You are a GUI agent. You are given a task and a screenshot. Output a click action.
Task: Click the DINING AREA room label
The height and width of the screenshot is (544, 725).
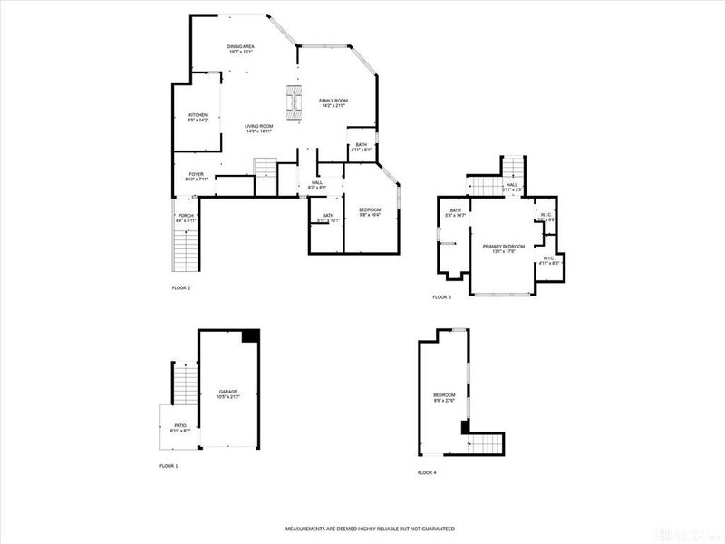[240, 48]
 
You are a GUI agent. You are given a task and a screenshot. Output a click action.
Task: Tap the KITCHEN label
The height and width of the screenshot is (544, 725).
[198, 117]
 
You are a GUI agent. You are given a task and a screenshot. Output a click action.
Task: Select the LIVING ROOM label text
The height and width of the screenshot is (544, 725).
[259, 128]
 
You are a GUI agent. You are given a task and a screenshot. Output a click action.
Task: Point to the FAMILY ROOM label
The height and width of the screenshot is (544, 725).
[333, 102]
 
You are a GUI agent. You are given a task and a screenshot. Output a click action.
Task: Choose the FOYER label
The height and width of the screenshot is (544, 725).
[196, 176]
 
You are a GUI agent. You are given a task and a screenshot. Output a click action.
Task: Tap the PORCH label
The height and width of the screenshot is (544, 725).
[186, 218]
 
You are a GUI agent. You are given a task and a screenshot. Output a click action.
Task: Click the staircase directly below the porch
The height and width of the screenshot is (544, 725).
[185, 249]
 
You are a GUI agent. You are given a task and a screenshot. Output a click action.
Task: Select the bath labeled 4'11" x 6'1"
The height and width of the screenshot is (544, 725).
[361, 147]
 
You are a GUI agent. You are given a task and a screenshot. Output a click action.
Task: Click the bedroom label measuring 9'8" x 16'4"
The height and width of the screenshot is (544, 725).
[370, 212]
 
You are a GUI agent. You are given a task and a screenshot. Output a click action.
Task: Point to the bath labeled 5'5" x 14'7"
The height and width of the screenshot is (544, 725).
[455, 213]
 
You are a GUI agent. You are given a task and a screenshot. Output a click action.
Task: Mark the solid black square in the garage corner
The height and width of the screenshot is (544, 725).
[251, 335]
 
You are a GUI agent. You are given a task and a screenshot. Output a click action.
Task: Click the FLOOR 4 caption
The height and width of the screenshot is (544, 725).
[427, 472]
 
